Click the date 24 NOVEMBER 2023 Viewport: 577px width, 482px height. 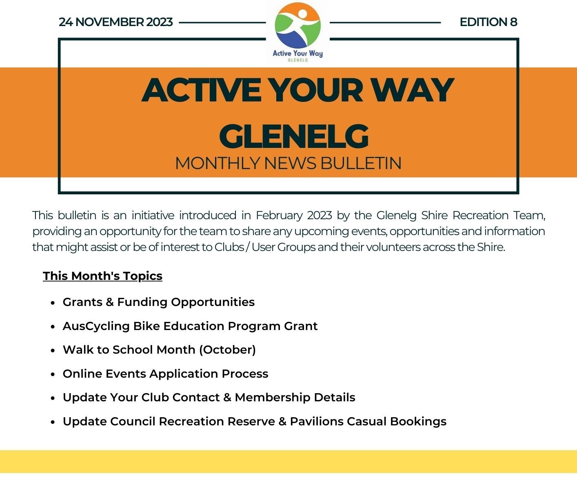pyautogui.click(x=116, y=22)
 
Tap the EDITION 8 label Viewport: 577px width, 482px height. pyautogui.click(x=488, y=22)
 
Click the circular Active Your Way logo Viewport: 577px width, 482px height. pyautogui.click(x=297, y=25)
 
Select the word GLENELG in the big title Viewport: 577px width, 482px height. pyautogui.click(x=294, y=136)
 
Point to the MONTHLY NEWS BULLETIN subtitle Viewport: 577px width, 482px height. pyautogui.click(x=288, y=163)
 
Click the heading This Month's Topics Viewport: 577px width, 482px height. pyautogui.click(x=102, y=276)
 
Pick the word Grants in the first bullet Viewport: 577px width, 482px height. pyautogui.click(x=82, y=302)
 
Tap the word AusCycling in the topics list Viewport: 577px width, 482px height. pyautogui.click(x=96, y=326)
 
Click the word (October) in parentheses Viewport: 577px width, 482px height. pyautogui.click(x=227, y=350)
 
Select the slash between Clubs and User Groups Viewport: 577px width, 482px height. pyautogui.click(x=248, y=247)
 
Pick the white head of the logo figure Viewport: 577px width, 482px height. pyautogui.click(x=303, y=13)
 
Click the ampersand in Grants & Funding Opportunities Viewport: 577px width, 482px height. pyautogui.click(x=110, y=302)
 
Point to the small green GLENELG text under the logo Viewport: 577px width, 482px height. pyautogui.click(x=298, y=60)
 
